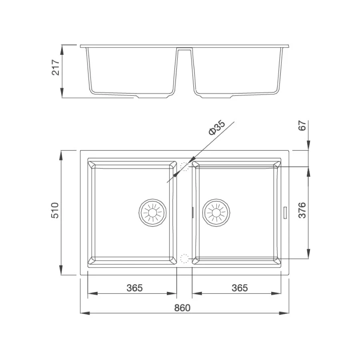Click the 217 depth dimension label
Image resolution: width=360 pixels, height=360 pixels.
point(56,68)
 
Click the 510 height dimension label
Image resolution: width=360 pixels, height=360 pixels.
point(55,210)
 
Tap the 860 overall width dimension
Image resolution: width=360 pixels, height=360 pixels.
point(182,308)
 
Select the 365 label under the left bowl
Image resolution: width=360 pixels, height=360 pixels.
point(134,288)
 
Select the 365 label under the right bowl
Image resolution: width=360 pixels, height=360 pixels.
point(240,288)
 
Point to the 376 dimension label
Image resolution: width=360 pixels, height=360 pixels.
point(302,210)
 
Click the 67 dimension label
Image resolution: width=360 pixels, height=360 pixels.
point(302,126)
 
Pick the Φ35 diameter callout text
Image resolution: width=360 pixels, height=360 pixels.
point(217,128)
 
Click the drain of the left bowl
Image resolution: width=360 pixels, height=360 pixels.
point(152,213)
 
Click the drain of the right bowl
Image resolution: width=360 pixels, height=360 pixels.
point(216,213)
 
